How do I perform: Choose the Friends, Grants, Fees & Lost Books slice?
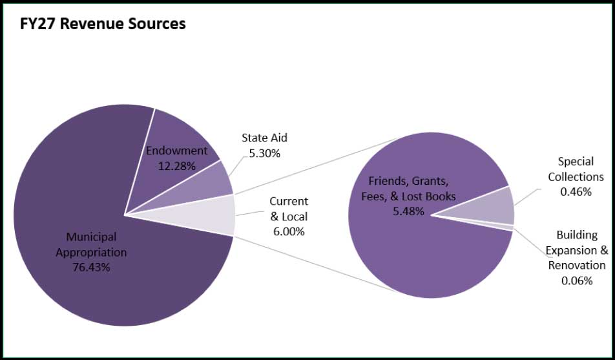(x=420, y=259)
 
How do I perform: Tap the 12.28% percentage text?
(x=176, y=165)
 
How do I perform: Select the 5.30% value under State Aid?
(x=264, y=153)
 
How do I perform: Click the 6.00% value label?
(x=288, y=231)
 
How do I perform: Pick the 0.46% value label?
(x=576, y=191)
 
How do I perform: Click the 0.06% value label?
(x=577, y=280)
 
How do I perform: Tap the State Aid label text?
(x=264, y=138)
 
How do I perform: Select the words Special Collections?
(x=576, y=169)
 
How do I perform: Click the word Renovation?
(x=577, y=265)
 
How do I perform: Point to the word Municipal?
(x=91, y=237)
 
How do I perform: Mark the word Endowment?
(x=176, y=151)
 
